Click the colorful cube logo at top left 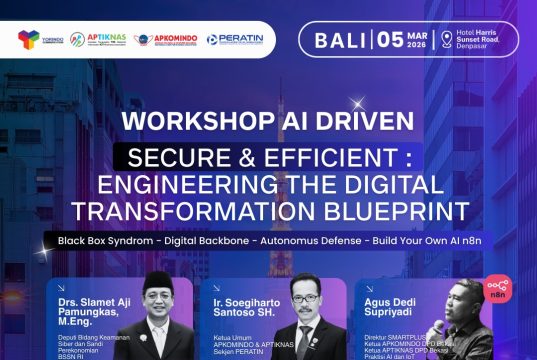(28, 39)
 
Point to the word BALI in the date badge (340, 40)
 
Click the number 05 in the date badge (393, 40)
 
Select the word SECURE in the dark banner (175, 158)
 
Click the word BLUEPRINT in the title (407, 210)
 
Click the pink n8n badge (496, 287)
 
